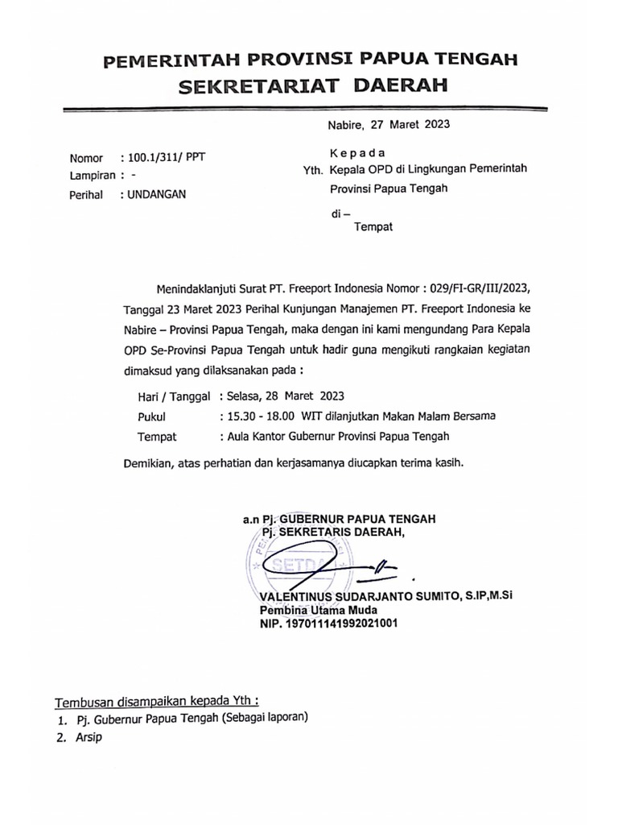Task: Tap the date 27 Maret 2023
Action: [410, 125]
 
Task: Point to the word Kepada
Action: [357, 153]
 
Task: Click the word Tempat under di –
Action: [373, 227]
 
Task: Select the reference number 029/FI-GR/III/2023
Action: [483, 287]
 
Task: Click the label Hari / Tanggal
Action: [174, 396]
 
